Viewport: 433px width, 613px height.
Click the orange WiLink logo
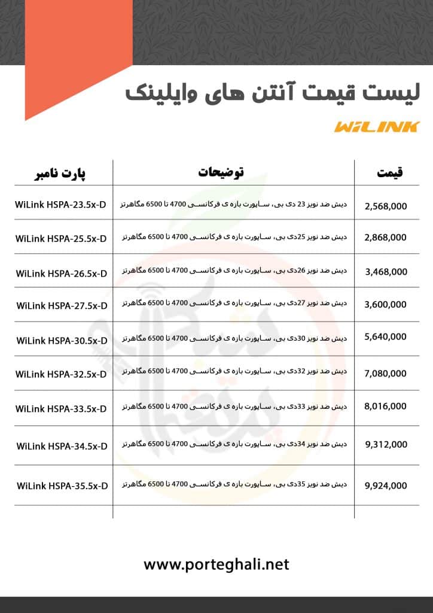point(377,126)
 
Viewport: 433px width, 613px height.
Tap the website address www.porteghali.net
point(216,564)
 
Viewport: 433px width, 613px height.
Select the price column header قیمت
point(390,173)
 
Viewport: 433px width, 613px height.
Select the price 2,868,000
point(386,237)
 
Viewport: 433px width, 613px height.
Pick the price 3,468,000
point(386,272)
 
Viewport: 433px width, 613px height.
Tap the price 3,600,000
point(386,305)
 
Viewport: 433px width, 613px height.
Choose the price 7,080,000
point(386,374)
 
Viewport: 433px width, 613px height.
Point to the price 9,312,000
point(386,444)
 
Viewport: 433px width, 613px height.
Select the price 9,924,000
point(386,485)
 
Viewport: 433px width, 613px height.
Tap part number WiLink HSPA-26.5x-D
point(62,273)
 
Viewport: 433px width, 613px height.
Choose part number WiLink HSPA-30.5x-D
point(62,340)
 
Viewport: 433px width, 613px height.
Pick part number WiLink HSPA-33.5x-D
point(61,409)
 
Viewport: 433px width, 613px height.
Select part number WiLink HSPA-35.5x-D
point(62,485)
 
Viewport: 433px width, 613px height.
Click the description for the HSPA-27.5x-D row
point(234,305)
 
